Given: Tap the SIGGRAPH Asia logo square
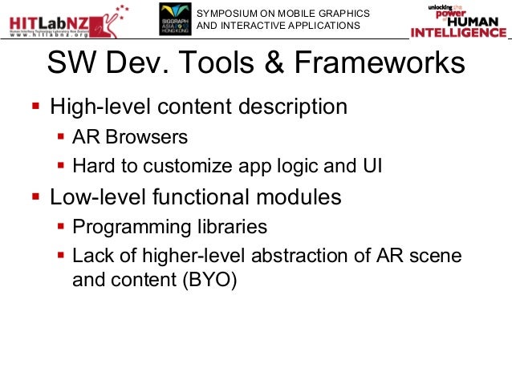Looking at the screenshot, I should click(x=173, y=19).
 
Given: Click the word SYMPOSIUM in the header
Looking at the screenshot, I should click(x=227, y=13).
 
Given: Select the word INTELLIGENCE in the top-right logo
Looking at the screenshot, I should click(x=458, y=33).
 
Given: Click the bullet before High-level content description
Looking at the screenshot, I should click(x=35, y=107).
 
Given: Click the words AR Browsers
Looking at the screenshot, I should click(x=130, y=137).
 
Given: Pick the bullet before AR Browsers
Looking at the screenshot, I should click(x=61, y=137).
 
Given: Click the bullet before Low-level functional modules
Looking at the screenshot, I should click(x=35, y=196).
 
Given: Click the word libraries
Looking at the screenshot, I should click(x=226, y=227).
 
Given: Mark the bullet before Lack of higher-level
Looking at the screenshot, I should click(x=61, y=257).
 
